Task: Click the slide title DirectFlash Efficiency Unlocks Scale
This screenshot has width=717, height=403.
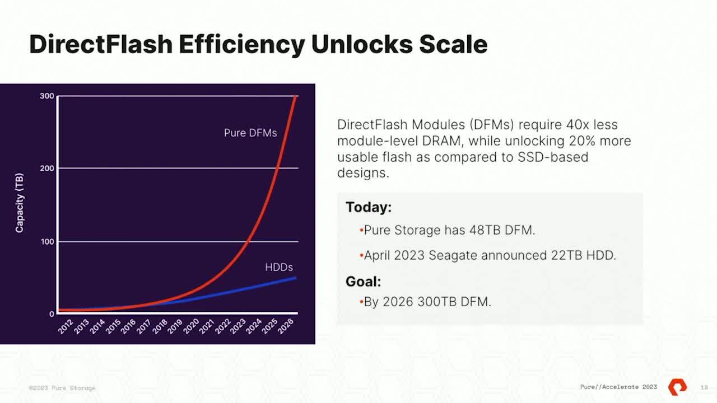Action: (258, 44)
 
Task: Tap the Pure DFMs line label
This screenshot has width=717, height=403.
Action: (250, 133)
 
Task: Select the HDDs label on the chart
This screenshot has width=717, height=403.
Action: (279, 267)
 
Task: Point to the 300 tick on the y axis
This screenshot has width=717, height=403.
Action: (47, 96)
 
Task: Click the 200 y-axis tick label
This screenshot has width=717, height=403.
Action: (47, 168)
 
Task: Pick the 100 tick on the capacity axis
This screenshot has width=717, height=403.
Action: (47, 242)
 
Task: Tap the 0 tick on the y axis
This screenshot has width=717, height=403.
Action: (52, 314)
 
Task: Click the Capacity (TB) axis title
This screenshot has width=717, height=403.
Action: (20, 203)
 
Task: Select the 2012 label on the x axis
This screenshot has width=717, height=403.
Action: (66, 327)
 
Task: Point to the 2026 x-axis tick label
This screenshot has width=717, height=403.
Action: (286, 327)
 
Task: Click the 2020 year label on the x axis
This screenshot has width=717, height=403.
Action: (191, 327)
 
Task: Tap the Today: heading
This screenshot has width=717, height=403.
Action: (369, 207)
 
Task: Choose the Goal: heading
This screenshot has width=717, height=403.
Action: (363, 282)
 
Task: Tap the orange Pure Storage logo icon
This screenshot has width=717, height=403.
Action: (677, 387)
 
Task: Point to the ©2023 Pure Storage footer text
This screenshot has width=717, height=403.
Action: (62, 388)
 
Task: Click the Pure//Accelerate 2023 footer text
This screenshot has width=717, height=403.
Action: (618, 387)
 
